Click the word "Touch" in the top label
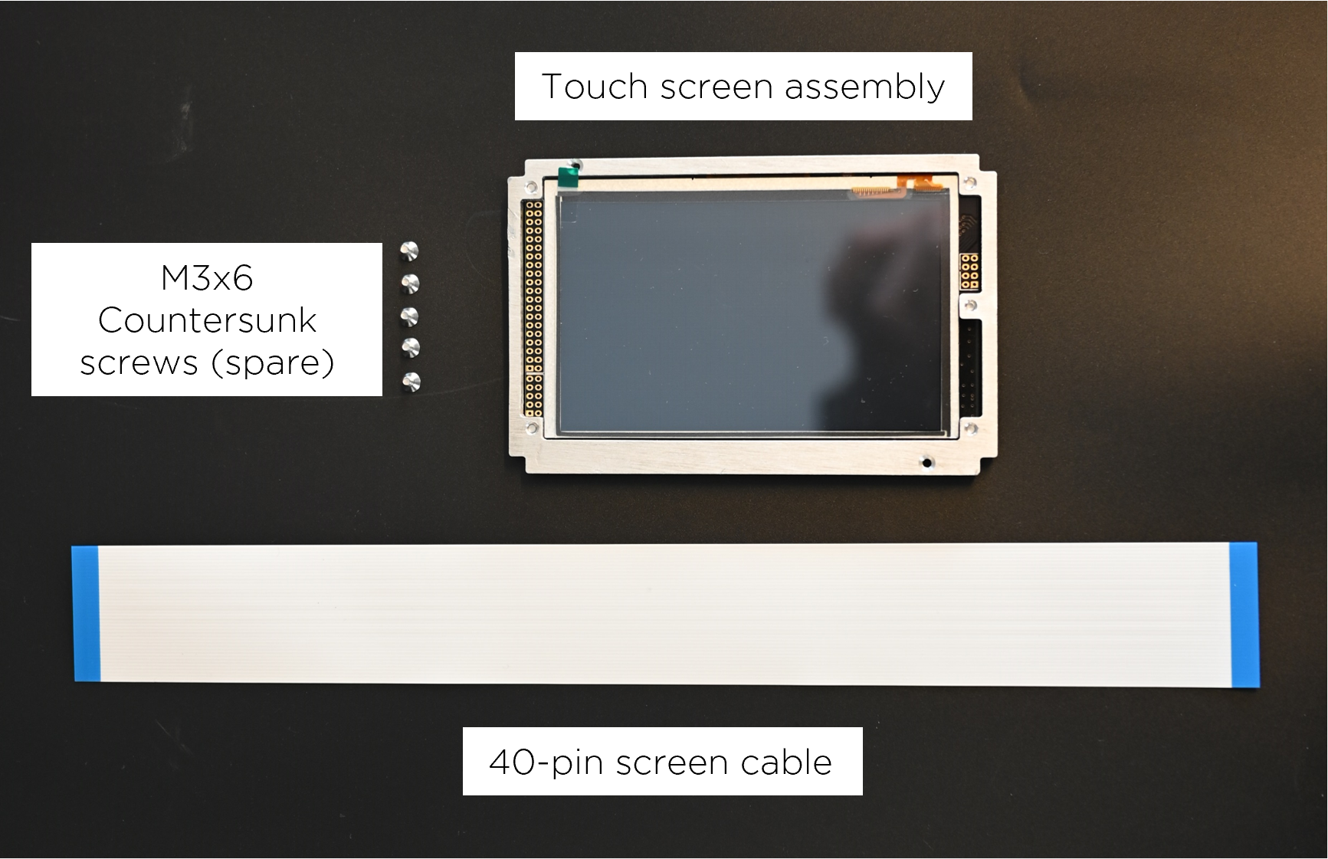click(594, 87)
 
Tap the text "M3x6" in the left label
click(206, 278)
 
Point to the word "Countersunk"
click(207, 320)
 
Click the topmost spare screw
click(410, 251)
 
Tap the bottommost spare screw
click(412, 380)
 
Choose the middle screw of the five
click(411, 316)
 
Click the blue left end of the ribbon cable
click(87, 613)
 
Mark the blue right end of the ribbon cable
click(1243, 615)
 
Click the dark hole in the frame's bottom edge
click(927, 462)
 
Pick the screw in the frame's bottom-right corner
click(971, 427)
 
